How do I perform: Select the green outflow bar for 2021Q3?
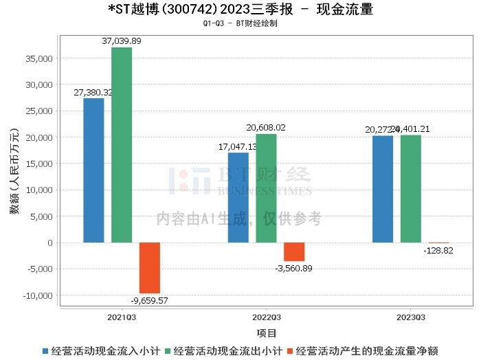click(122, 145)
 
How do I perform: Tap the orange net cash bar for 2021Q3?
click(150, 268)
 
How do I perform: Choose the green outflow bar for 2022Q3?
click(266, 188)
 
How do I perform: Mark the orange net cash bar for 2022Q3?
click(294, 251)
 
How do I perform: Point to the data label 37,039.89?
click(122, 41)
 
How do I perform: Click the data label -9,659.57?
click(150, 300)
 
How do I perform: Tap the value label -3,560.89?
click(293, 268)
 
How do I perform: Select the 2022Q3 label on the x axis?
click(266, 317)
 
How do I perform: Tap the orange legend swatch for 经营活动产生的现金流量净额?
click(289, 351)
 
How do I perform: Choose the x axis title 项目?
click(267, 333)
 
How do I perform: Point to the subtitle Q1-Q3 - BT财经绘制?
click(240, 23)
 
